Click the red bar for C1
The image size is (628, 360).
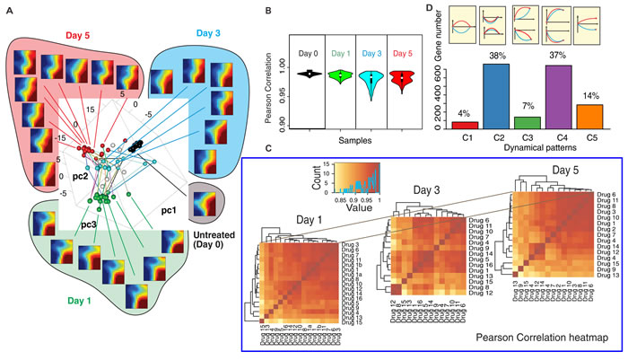[x=471, y=125]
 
